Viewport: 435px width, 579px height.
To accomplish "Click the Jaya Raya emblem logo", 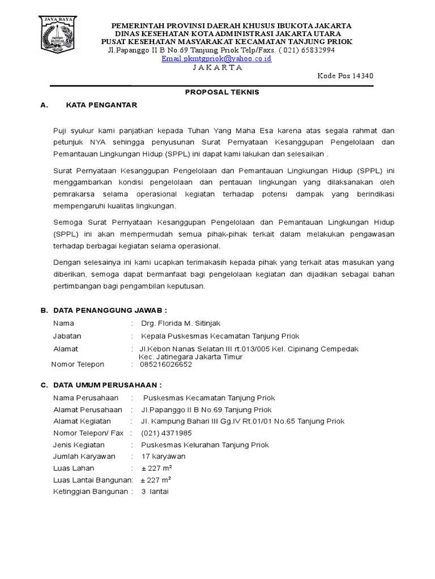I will (x=58, y=34).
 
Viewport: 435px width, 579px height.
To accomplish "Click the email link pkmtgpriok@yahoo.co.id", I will (x=216, y=58).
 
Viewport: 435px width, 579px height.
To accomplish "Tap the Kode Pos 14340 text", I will (x=345, y=76).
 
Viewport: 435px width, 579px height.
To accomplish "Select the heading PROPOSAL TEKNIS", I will (x=223, y=92).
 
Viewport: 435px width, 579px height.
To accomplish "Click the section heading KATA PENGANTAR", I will (x=101, y=105).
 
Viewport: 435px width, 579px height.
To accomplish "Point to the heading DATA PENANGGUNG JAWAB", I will (x=110, y=310).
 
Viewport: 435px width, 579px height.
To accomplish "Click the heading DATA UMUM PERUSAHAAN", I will (x=109, y=385).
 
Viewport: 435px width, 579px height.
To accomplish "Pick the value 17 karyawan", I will (x=163, y=456).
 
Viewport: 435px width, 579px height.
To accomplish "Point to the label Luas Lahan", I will (x=74, y=468).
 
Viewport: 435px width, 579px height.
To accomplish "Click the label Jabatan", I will (x=67, y=336).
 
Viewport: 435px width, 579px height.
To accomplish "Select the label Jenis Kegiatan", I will (x=79, y=445).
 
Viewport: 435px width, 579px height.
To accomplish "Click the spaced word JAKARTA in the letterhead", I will (x=217, y=67).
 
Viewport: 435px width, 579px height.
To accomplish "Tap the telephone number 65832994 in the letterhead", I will (x=314, y=50).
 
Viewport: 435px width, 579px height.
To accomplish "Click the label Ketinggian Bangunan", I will (x=91, y=491).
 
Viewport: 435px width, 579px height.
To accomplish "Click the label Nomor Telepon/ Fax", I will (x=88, y=433).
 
